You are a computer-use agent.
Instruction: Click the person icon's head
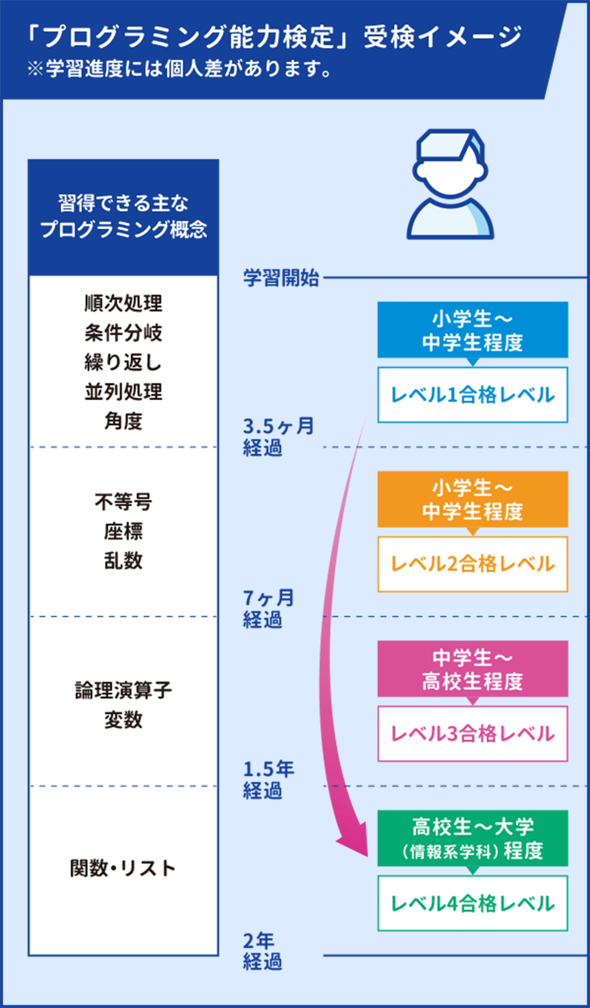pyautogui.click(x=450, y=165)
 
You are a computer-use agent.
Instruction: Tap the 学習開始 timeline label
pyautogui.click(x=281, y=278)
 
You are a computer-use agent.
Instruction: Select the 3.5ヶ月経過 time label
pyautogui.click(x=278, y=437)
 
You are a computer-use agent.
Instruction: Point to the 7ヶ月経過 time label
pyautogui.click(x=268, y=609)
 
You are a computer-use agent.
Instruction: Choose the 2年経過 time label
pyautogui.click(x=262, y=951)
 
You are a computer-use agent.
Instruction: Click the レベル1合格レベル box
pyautogui.click(x=472, y=395)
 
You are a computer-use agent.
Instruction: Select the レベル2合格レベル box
pyautogui.click(x=472, y=564)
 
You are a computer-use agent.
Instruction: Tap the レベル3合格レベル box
pyautogui.click(x=472, y=734)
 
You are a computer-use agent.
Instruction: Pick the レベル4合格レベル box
pyautogui.click(x=472, y=903)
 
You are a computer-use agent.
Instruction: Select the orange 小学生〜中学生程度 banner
pyautogui.click(x=472, y=500)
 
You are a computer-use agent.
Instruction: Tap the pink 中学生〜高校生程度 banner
pyautogui.click(x=472, y=669)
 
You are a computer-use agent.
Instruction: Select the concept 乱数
pyautogui.click(x=123, y=560)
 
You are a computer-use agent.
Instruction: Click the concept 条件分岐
pyautogui.click(x=123, y=333)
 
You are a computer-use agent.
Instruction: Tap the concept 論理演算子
pyautogui.click(x=123, y=691)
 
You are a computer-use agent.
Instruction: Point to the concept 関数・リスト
pyautogui.click(x=123, y=868)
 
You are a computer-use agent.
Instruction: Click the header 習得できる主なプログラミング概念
pyautogui.click(x=123, y=217)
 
